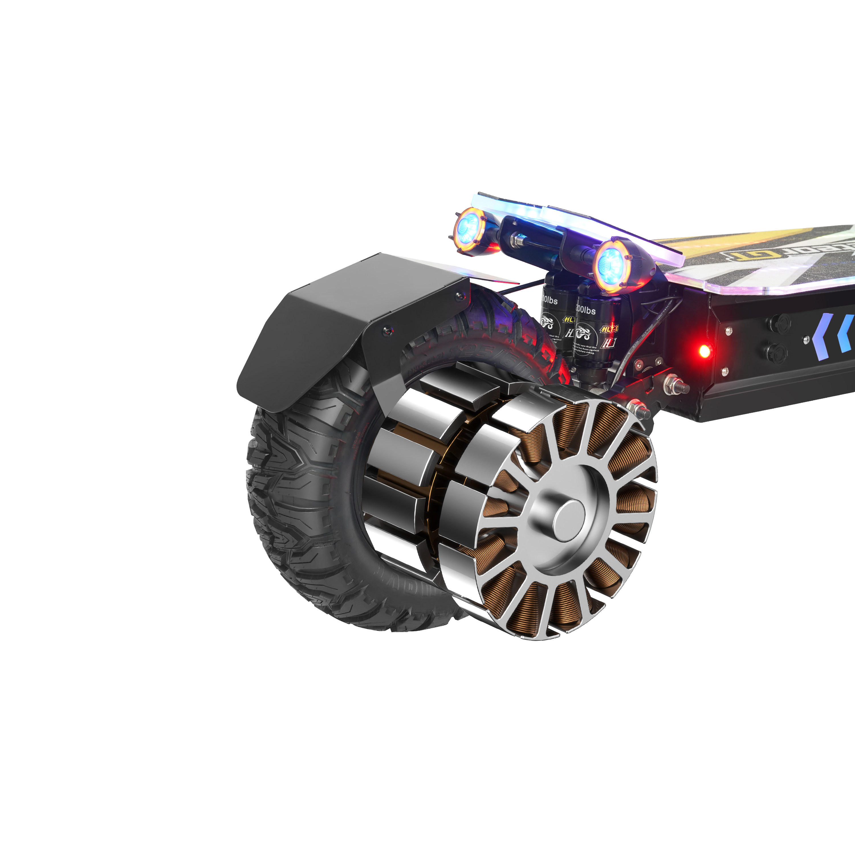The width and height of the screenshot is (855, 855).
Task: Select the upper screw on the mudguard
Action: (457, 296)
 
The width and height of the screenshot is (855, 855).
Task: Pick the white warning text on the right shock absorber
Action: (585, 350)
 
